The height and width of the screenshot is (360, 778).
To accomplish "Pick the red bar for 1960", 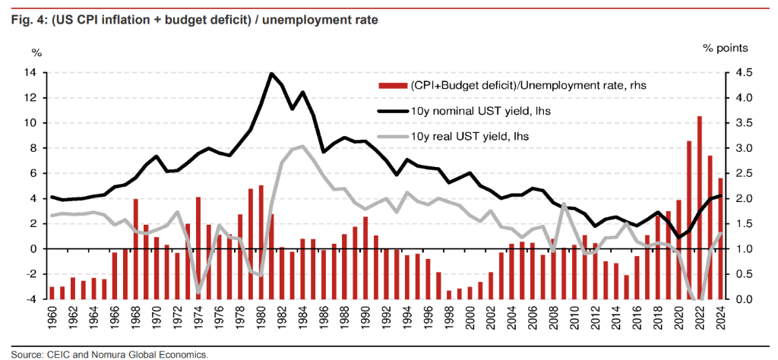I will pyautogui.click(x=52, y=292).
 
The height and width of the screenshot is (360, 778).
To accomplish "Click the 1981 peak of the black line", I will pyautogui.click(x=271, y=74).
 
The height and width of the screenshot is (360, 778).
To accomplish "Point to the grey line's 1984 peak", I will pyautogui.click(x=302, y=147).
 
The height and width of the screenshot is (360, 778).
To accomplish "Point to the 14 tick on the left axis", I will pyautogui.click(x=32, y=73).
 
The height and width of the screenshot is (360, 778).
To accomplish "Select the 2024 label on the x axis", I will pyautogui.click(x=719, y=324).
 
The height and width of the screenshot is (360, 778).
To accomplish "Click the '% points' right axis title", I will pyautogui.click(x=725, y=48).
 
